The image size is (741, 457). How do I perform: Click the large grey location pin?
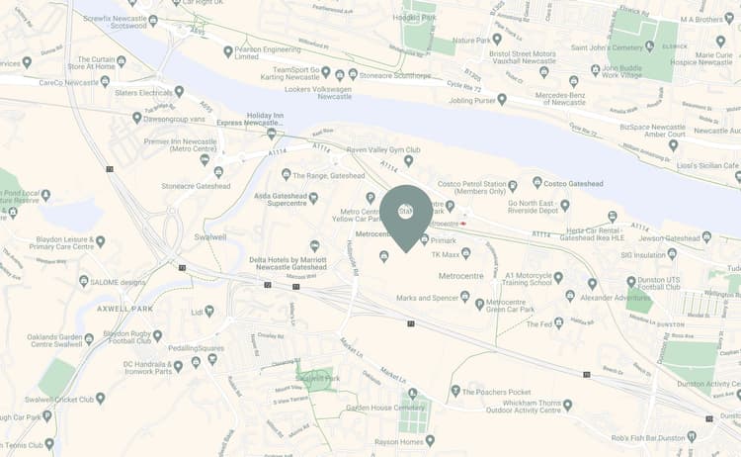[406, 217]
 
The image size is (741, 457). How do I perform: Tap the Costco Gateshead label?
[576, 183]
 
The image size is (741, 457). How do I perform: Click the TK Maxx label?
[447, 254]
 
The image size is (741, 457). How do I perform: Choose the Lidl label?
[197, 312]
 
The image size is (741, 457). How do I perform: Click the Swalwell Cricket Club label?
[64, 399]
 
